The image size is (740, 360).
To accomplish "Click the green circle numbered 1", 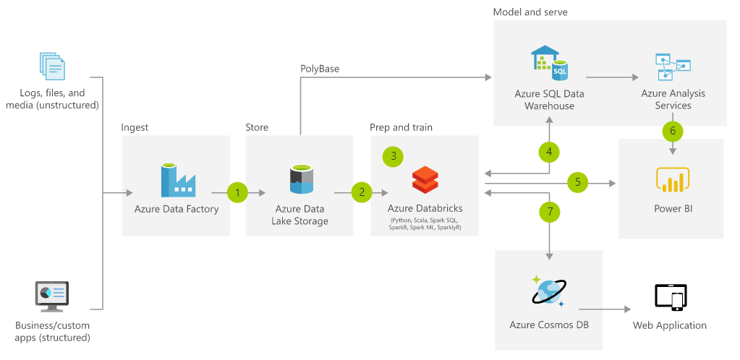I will [x=237, y=192].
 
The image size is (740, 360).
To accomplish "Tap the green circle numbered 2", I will [x=362, y=192].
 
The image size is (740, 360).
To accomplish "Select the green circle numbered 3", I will [x=394, y=155].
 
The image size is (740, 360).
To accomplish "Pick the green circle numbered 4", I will [x=550, y=152].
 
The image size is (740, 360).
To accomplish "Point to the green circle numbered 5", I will [x=578, y=182].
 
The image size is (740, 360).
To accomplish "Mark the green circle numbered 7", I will [x=550, y=212].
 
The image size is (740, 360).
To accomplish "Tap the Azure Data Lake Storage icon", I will [x=300, y=179].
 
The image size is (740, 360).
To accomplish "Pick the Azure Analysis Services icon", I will [x=673, y=67].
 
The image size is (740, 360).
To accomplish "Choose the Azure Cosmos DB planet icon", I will [x=550, y=292].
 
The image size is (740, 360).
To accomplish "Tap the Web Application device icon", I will [x=670, y=296].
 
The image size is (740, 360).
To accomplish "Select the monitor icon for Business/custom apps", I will [x=52, y=295].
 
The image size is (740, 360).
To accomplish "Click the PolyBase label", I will [x=320, y=69].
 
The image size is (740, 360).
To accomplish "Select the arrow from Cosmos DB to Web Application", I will [x=605, y=309].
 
